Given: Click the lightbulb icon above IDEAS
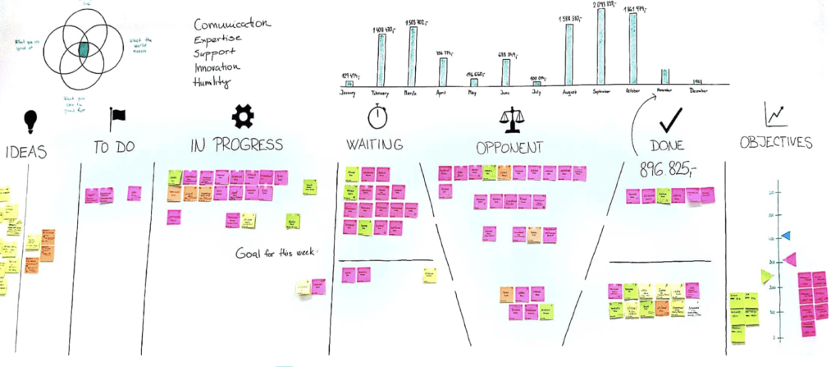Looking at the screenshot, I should pos(30,120).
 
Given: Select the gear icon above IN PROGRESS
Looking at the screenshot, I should pos(242,117).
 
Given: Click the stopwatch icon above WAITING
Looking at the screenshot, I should pos(377,116).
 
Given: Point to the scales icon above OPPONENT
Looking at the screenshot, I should pos(509,120).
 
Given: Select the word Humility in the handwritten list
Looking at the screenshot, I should pos(213,82).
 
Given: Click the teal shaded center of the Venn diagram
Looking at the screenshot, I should pos(83,48).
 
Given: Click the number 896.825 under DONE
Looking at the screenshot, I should pos(665,168).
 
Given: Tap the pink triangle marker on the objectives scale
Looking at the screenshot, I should pos(789,259).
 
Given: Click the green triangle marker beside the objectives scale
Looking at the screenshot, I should pos(766,277).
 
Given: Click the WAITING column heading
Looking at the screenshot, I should pos(375,145).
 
